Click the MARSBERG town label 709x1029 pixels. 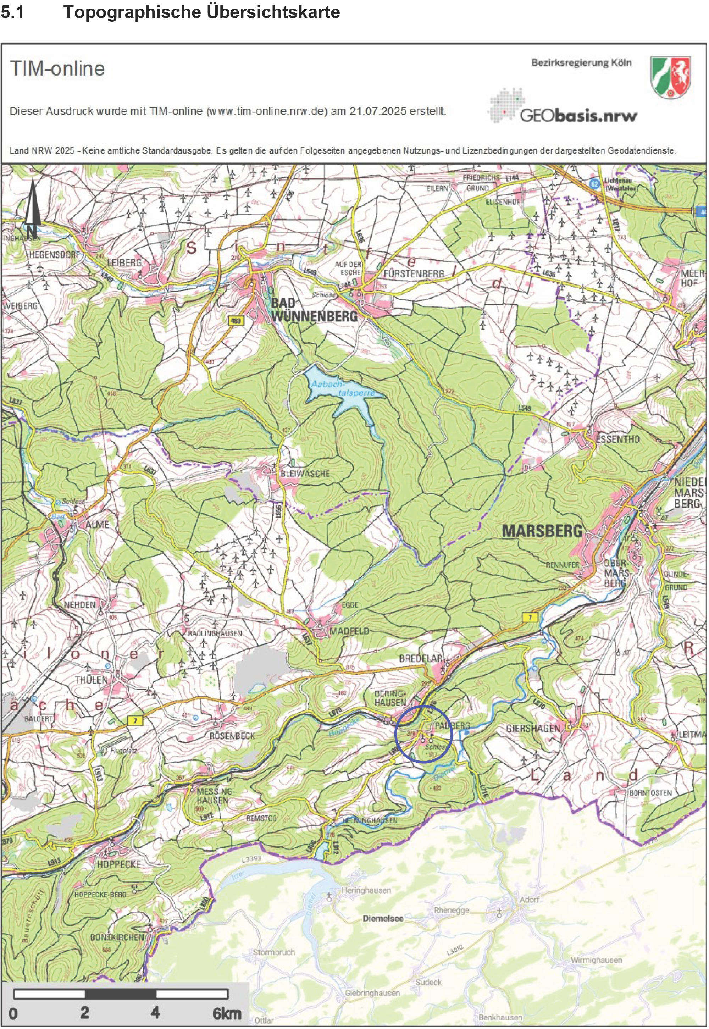(542, 531)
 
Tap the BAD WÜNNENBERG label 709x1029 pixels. (314, 310)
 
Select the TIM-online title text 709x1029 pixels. (57, 69)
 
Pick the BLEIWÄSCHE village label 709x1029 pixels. (305, 474)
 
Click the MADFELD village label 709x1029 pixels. (349, 631)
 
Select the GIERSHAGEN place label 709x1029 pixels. (533, 728)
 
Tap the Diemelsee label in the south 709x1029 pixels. (383, 918)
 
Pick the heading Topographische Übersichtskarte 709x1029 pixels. (202, 12)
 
